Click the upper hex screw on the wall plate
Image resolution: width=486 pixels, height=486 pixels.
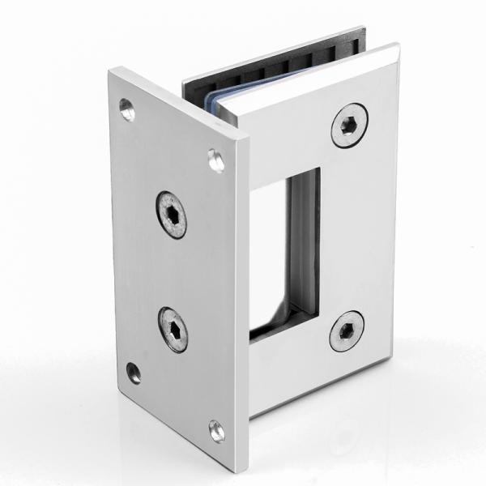pyautogui.click(x=172, y=215)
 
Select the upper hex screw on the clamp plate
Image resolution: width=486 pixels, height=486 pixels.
pyautogui.click(x=349, y=126)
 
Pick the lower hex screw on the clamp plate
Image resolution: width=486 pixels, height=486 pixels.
pyautogui.click(x=347, y=330)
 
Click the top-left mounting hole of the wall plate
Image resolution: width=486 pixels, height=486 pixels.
pyautogui.click(x=127, y=109)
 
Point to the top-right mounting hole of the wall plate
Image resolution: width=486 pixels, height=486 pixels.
pyautogui.click(x=216, y=160)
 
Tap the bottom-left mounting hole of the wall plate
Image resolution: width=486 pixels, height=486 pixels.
pyautogui.click(x=134, y=373)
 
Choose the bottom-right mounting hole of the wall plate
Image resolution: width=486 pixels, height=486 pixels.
pyautogui.click(x=216, y=430)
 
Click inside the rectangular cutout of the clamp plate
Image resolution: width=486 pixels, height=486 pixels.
pyautogui.click(x=275, y=251)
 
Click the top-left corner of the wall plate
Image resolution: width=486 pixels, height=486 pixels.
pyautogui.click(x=111, y=70)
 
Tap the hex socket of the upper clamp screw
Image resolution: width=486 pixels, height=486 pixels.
pyautogui.click(x=349, y=126)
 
